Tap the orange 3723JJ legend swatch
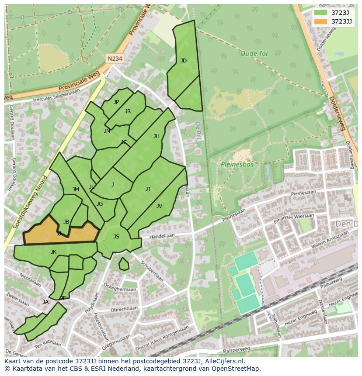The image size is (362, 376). click(320, 21)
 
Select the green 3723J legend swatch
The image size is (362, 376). click(320, 13)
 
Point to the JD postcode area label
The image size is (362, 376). click(184, 61)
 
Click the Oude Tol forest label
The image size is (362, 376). click(254, 54)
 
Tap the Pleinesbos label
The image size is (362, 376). click(237, 165)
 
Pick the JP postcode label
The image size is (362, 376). click(116, 102)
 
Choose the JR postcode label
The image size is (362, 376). click(128, 111)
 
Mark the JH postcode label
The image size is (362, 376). click(156, 136)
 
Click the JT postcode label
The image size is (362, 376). click(148, 189)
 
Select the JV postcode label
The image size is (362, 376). click(159, 206)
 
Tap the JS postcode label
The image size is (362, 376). click(116, 237)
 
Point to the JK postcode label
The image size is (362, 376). click(53, 252)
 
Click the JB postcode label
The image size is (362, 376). click(66, 222)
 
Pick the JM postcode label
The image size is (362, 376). click(76, 190)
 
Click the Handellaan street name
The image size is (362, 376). click(162, 235)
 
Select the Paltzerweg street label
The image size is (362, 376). click(236, 349)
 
